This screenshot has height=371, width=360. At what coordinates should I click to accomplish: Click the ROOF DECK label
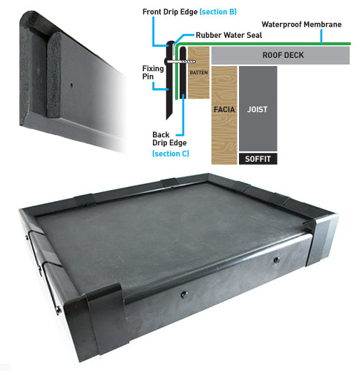(283, 55)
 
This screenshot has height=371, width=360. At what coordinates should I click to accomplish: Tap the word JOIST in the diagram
(258, 109)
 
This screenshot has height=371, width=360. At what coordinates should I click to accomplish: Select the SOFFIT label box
(258, 159)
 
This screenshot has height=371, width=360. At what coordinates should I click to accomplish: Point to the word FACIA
(224, 109)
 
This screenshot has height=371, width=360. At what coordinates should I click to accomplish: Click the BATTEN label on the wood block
(199, 73)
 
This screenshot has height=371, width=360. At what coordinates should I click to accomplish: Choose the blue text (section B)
(218, 12)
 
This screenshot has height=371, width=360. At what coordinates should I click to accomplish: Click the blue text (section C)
(171, 154)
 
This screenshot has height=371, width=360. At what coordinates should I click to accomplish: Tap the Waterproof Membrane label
(301, 24)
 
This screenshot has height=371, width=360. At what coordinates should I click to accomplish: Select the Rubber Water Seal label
(229, 35)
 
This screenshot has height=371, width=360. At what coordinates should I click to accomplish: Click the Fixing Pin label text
(153, 73)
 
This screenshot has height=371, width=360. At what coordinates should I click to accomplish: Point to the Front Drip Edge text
(170, 12)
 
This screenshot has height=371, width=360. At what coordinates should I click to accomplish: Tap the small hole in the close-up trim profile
(71, 85)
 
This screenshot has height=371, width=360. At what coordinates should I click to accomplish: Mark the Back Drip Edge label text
(169, 139)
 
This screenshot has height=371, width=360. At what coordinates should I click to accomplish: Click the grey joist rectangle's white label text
(258, 109)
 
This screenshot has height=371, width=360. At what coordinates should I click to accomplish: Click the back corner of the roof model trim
(208, 176)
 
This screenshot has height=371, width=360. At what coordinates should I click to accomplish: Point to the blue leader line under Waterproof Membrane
(321, 36)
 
